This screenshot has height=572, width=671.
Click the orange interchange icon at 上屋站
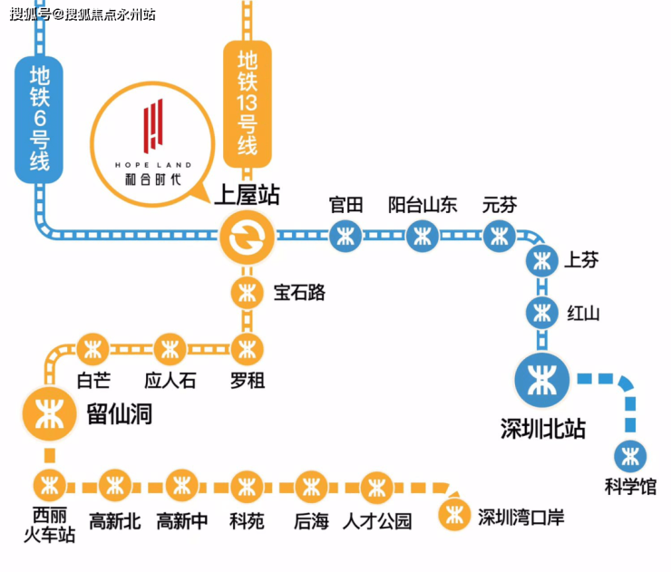(247, 237)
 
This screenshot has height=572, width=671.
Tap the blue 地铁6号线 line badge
(39, 120)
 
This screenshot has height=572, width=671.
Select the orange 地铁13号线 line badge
(248, 104)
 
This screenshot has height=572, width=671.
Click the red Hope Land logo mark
(153, 125)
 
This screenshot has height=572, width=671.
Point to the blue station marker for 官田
(345, 236)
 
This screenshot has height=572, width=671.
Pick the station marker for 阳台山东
(423, 236)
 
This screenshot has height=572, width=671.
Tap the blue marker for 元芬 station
(499, 236)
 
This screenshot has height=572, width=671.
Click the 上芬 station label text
(581, 260)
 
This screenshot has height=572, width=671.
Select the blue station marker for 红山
(542, 313)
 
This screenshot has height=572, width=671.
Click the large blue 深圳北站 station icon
(542, 380)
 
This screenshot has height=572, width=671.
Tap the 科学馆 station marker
(630, 456)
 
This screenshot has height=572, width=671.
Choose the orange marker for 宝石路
(247, 294)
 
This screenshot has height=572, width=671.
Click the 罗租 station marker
(247, 350)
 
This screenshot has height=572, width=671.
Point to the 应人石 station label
(170, 381)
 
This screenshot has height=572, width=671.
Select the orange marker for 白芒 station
(92, 350)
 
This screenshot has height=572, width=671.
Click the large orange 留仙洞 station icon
(50, 414)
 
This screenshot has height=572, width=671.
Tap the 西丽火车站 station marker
(50, 486)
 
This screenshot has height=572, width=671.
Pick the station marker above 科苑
(247, 487)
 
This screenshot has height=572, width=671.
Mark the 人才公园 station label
(377, 521)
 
